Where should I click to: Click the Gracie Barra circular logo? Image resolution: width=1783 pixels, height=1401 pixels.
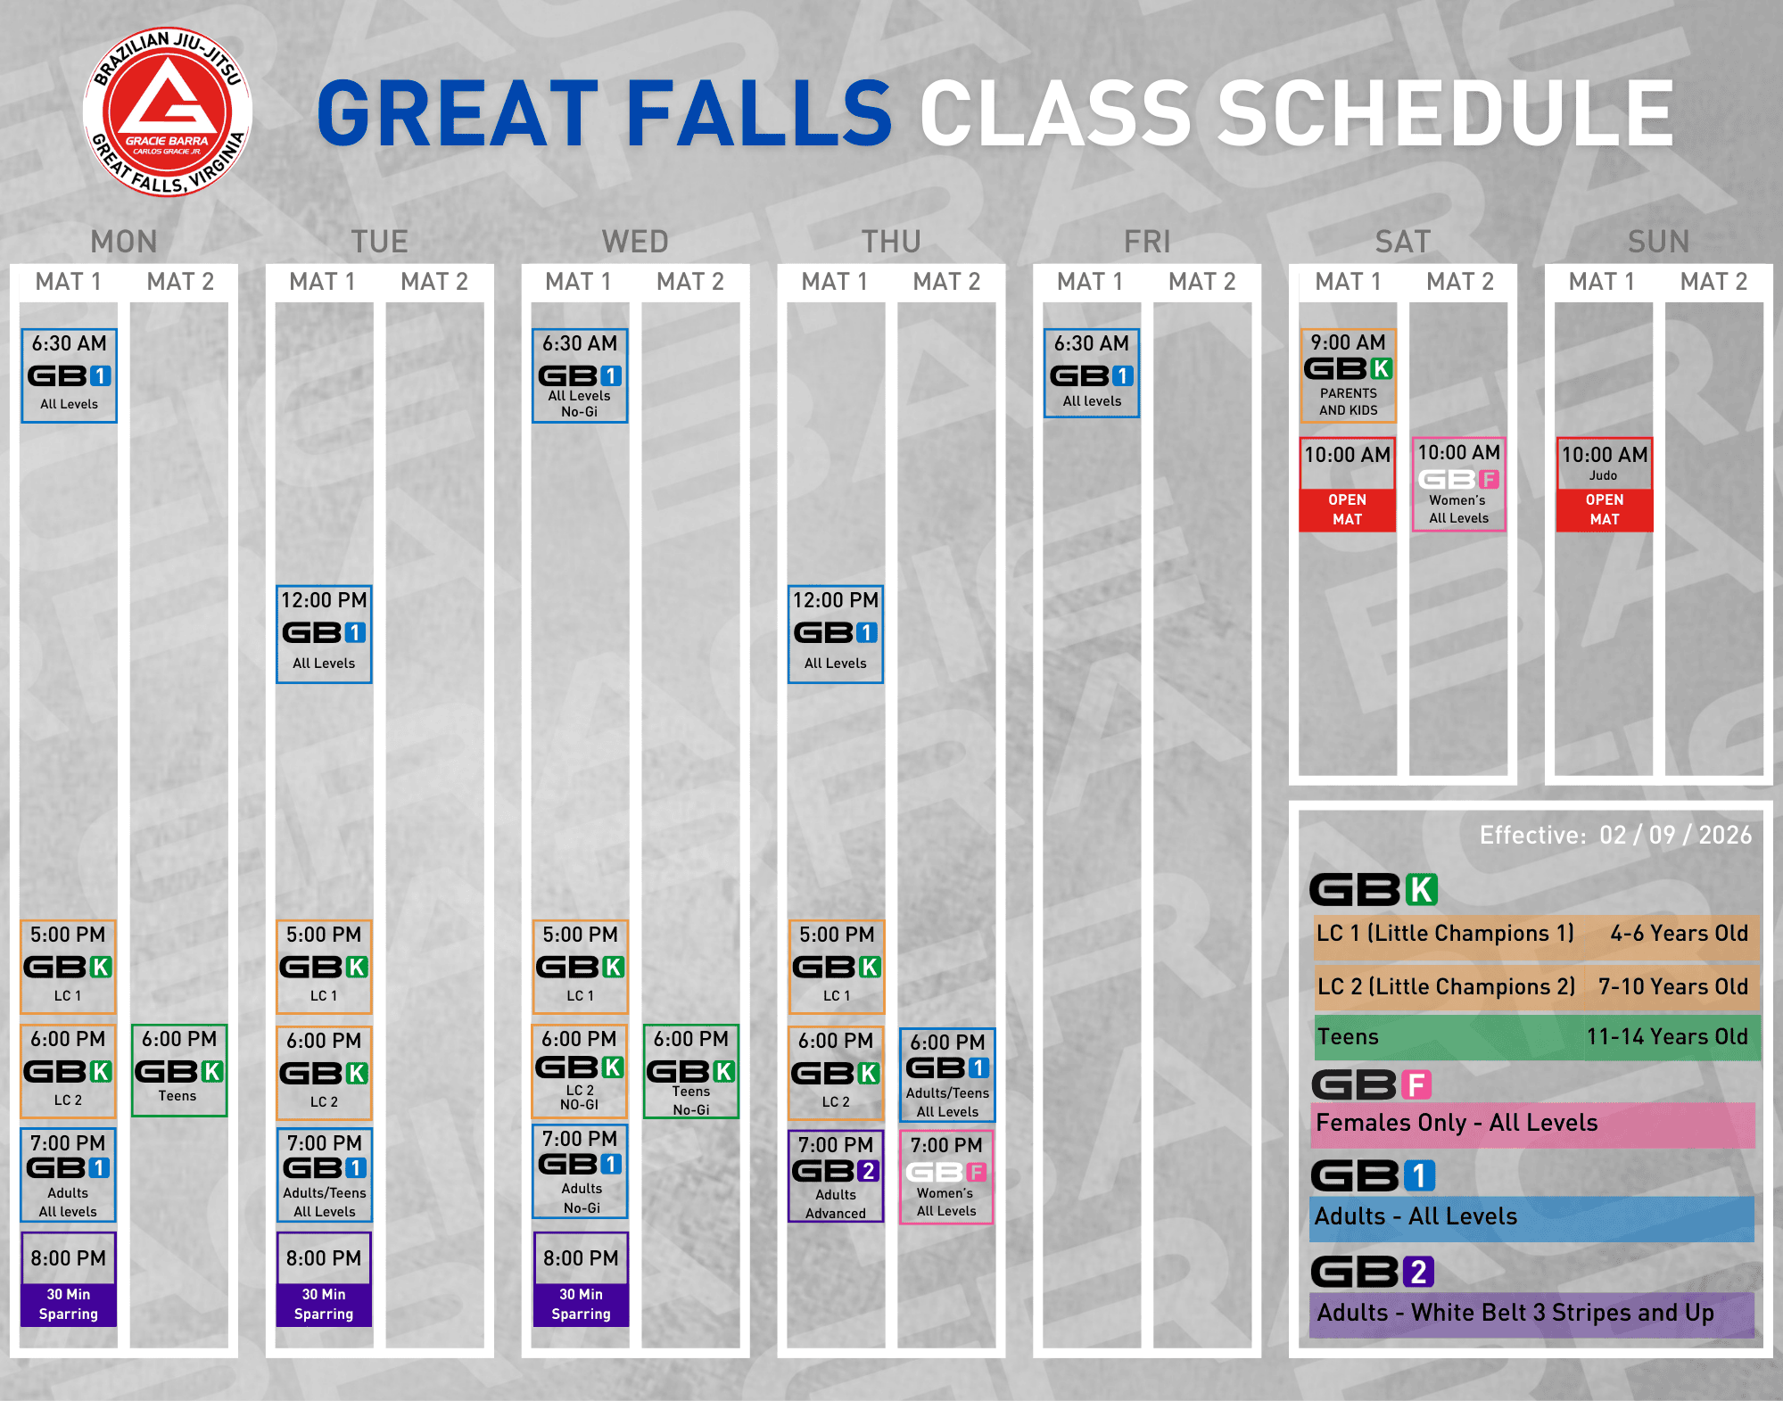click(x=168, y=111)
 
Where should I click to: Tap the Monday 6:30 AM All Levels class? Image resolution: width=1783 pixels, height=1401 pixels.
click(x=69, y=375)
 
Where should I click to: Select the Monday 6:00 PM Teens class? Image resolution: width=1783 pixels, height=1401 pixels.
click(x=179, y=1070)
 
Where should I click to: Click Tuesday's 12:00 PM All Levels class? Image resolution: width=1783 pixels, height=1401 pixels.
click(x=324, y=634)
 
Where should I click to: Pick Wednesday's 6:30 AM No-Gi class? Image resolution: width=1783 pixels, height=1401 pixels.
click(x=580, y=375)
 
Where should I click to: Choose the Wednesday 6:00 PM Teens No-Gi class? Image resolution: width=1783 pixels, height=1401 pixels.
click(x=691, y=1071)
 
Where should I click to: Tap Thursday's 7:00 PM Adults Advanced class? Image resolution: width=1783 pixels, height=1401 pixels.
click(x=836, y=1175)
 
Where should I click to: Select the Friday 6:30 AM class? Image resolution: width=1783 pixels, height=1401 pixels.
click(x=1092, y=374)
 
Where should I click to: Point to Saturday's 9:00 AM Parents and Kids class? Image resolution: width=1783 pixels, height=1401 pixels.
click(x=1348, y=375)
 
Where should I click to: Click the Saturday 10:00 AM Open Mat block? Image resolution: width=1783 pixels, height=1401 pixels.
click(x=1348, y=484)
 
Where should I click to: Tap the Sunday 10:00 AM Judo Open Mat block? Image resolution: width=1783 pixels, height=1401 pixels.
click(x=1605, y=484)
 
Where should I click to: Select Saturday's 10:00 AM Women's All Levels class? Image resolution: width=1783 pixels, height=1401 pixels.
click(x=1459, y=484)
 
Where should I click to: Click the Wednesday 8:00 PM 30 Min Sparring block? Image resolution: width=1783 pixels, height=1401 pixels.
click(x=581, y=1280)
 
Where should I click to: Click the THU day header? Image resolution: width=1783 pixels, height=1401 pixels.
click(x=891, y=242)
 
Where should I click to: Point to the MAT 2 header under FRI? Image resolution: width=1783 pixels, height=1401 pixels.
click(x=1202, y=282)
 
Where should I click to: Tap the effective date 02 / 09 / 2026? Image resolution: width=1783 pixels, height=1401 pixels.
click(x=1675, y=835)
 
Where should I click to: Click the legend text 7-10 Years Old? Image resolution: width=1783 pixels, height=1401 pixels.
click(x=1672, y=986)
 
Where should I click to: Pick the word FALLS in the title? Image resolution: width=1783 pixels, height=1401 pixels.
click(x=759, y=113)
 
